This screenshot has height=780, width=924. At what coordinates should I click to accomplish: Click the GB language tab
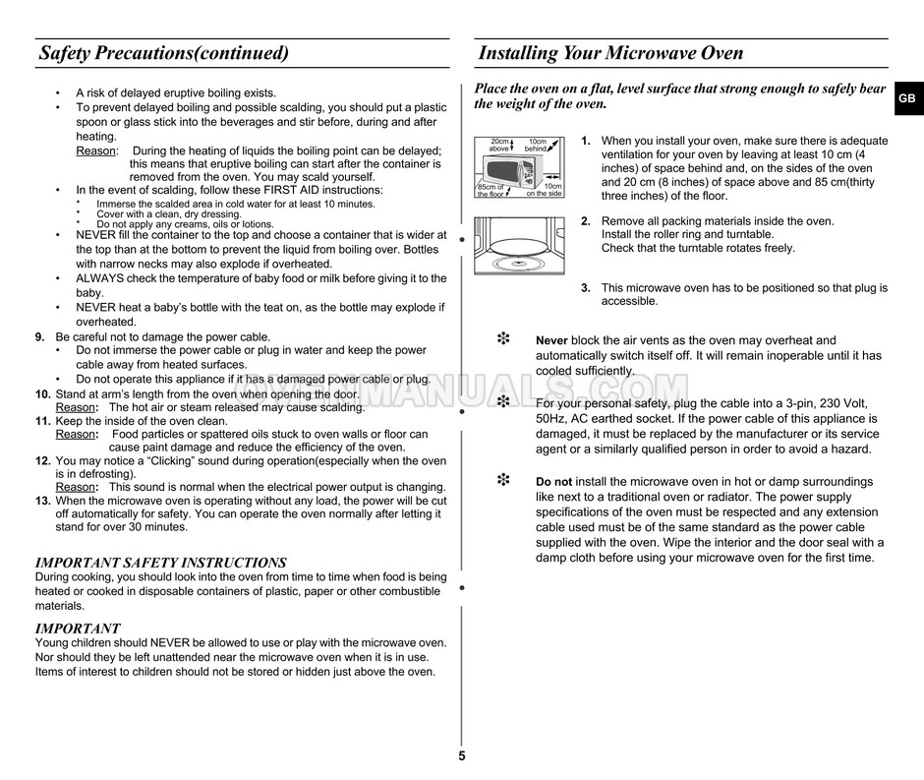[906, 99]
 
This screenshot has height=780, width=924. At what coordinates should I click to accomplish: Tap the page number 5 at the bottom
[462, 756]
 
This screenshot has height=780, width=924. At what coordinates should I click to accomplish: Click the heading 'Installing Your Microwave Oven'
[610, 53]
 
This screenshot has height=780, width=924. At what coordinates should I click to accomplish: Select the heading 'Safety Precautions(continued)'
[164, 53]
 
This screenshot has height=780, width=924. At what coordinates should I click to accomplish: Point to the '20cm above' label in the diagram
[500, 146]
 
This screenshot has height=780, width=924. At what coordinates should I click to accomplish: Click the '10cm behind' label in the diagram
[537, 146]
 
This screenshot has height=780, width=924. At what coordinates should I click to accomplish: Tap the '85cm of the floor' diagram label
[491, 190]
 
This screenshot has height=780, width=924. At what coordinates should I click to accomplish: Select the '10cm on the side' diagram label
[545, 190]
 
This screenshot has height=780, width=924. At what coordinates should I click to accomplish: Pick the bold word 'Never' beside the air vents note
[551, 341]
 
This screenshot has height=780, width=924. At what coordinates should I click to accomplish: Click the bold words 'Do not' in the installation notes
[553, 482]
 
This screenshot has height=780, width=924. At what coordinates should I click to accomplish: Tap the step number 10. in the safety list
[43, 393]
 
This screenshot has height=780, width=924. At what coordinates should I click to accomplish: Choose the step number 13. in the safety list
[43, 501]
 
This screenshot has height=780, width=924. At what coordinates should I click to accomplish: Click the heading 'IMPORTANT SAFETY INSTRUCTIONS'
[160, 563]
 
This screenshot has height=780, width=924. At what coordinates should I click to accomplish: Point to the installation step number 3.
[585, 288]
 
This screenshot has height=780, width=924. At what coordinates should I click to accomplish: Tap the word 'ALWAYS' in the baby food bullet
[98, 278]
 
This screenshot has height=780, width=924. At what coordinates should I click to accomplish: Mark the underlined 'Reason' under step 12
[75, 487]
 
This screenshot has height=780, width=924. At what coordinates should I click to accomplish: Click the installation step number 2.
[585, 221]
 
